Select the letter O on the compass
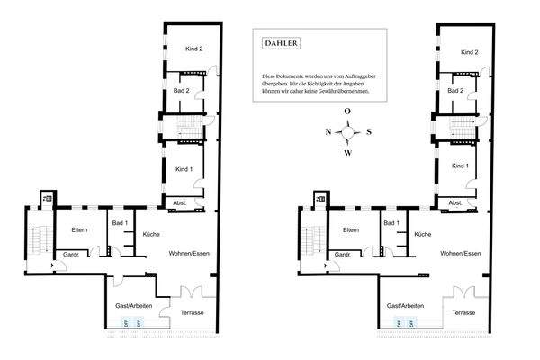347,112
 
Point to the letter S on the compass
368,132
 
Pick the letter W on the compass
347,152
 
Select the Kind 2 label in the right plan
469,53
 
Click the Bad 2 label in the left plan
180,90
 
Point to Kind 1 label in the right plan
460,166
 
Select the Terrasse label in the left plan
191,312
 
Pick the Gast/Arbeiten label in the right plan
405,307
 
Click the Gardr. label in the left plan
69,256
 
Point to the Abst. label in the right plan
456,203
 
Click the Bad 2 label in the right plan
455,90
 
